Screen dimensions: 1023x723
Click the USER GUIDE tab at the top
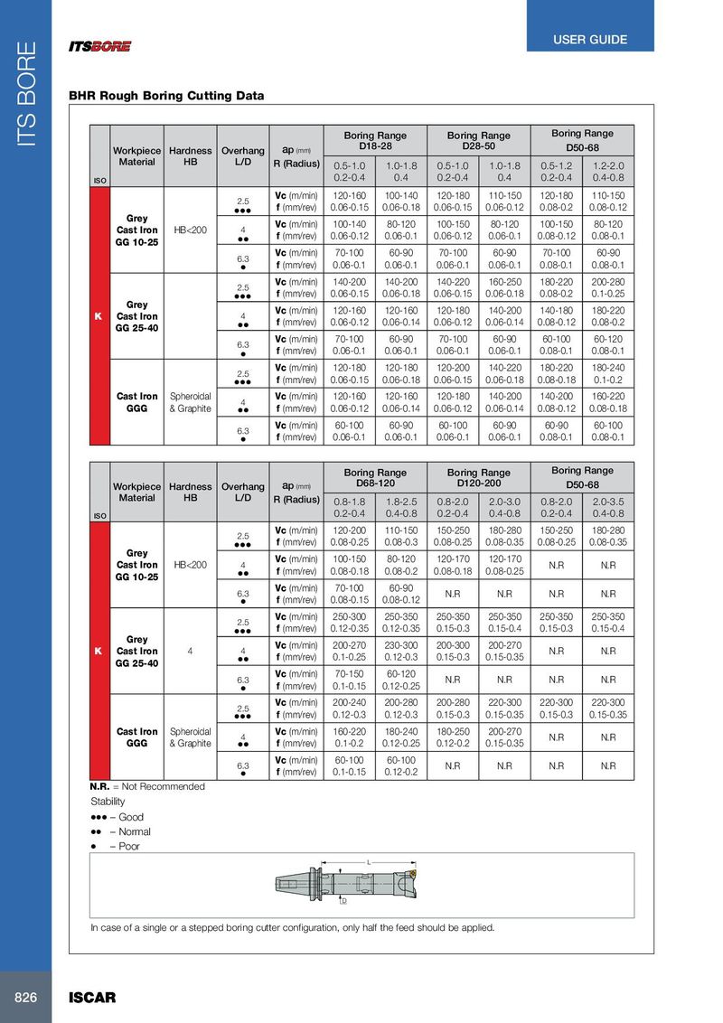point(590,40)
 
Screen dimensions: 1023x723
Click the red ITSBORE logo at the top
point(100,46)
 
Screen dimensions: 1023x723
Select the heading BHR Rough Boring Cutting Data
point(166,96)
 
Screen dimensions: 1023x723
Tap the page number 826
point(25,998)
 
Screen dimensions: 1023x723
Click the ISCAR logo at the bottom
point(92,998)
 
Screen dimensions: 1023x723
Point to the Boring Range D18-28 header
point(375,141)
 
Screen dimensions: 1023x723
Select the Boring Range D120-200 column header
point(478,477)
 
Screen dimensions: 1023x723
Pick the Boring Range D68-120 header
point(375,477)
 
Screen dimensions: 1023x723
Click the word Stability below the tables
point(108,802)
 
